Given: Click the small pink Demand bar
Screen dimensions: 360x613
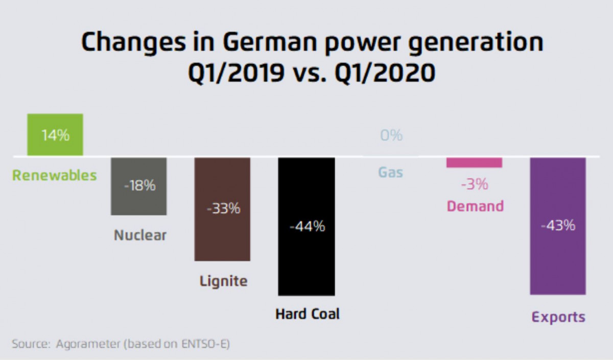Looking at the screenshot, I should pos(474,162).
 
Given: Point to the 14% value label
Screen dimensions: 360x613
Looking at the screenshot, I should pos(55,136).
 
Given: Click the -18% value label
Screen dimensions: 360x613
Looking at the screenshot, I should pos(139,186).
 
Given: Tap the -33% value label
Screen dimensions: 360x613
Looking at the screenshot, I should pos(223,209).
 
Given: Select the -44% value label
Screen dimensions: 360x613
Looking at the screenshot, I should pos(306,227).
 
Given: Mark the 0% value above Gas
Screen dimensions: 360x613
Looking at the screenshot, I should pos(391,136).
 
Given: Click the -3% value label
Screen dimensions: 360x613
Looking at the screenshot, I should pos(475,185).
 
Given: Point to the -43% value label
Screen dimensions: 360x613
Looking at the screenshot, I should pos(558,225).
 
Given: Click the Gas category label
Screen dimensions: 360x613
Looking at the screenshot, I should pos(391,173).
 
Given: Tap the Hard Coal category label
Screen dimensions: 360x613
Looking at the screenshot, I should pos(307,314).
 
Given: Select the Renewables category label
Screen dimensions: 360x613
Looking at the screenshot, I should pos(55,176).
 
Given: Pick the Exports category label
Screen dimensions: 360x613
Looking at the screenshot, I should pos(558,317).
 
